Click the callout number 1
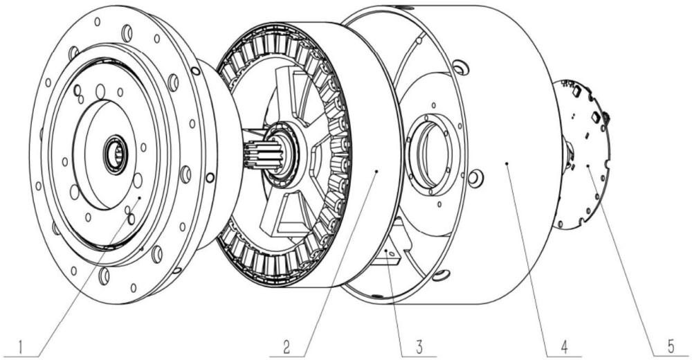[x=20, y=347]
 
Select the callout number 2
[x=286, y=347]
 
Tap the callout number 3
[x=419, y=347]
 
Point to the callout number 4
[x=563, y=347]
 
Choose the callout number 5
[x=671, y=347]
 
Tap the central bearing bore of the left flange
[x=116, y=154]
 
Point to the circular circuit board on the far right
[x=583, y=154]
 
